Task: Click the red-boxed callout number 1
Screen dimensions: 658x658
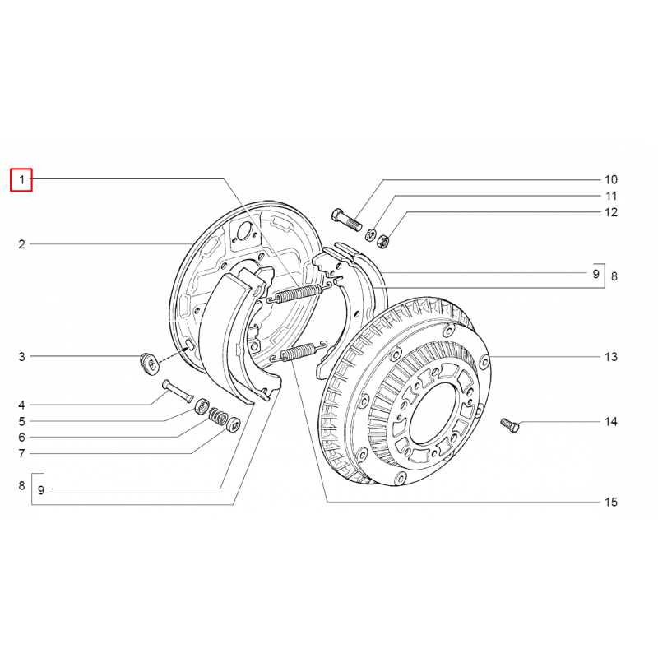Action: click(x=21, y=179)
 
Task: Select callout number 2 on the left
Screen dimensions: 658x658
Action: click(x=22, y=244)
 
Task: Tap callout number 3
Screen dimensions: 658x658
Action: click(x=22, y=357)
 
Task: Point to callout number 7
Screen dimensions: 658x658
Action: click(x=22, y=453)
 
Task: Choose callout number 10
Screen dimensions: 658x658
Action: click(x=610, y=179)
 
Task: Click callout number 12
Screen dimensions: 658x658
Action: click(x=610, y=212)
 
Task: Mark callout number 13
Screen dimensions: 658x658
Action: click(x=610, y=357)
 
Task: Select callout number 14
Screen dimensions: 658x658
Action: click(x=610, y=422)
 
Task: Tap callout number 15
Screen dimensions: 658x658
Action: click(x=610, y=502)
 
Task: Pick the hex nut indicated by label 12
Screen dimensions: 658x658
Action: click(x=382, y=240)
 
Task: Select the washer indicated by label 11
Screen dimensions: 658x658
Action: click(x=371, y=231)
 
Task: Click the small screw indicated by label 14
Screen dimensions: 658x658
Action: click(x=507, y=426)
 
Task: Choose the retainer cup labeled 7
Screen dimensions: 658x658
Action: click(x=234, y=424)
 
